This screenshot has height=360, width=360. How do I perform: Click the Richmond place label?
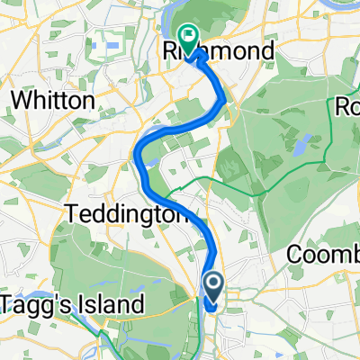point(220,53)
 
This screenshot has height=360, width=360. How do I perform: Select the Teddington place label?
point(126,216)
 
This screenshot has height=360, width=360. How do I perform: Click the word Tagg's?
point(32,305)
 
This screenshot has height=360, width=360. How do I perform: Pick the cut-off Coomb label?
point(324,256)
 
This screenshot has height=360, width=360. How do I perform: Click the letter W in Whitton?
point(16,101)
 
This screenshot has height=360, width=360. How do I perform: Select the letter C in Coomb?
point(294,256)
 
